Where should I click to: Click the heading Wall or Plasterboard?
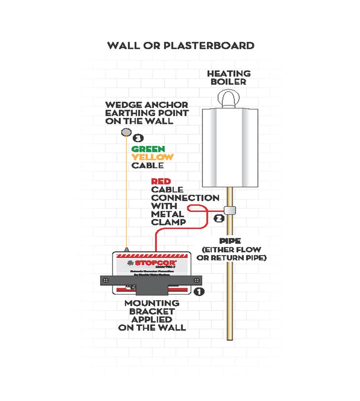coord(181,45)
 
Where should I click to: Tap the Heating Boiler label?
coord(229,78)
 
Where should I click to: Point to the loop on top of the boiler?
coord(229,98)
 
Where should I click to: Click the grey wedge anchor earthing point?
coord(125,132)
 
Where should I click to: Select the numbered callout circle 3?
coord(138,138)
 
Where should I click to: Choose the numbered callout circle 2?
coord(219,218)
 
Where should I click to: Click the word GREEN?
coord(148,149)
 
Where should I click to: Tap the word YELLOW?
coord(152,157)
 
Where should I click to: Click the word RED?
coord(161,181)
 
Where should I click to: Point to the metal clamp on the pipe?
coord(229,211)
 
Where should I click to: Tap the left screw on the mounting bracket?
coord(105,280)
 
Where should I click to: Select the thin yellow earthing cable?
coord(125,191)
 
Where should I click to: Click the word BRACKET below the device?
coord(152,311)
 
